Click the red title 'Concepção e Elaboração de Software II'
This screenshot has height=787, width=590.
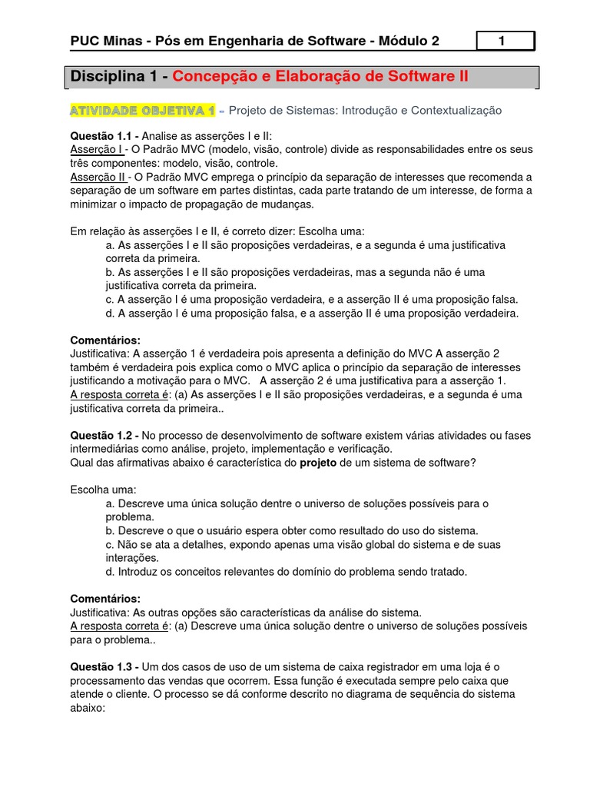(320, 77)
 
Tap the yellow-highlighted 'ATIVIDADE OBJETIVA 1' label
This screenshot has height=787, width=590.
(143, 111)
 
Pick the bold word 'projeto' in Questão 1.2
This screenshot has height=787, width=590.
(317, 463)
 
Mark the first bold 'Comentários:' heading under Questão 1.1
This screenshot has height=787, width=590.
(105, 340)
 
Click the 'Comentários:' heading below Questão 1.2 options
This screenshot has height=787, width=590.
(105, 598)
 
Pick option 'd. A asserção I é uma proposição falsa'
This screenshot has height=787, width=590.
(312, 313)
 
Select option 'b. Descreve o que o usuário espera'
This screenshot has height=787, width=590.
(292, 530)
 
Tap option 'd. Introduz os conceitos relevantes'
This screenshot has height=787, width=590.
(287, 571)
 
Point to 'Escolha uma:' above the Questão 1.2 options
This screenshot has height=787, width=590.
(103, 490)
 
